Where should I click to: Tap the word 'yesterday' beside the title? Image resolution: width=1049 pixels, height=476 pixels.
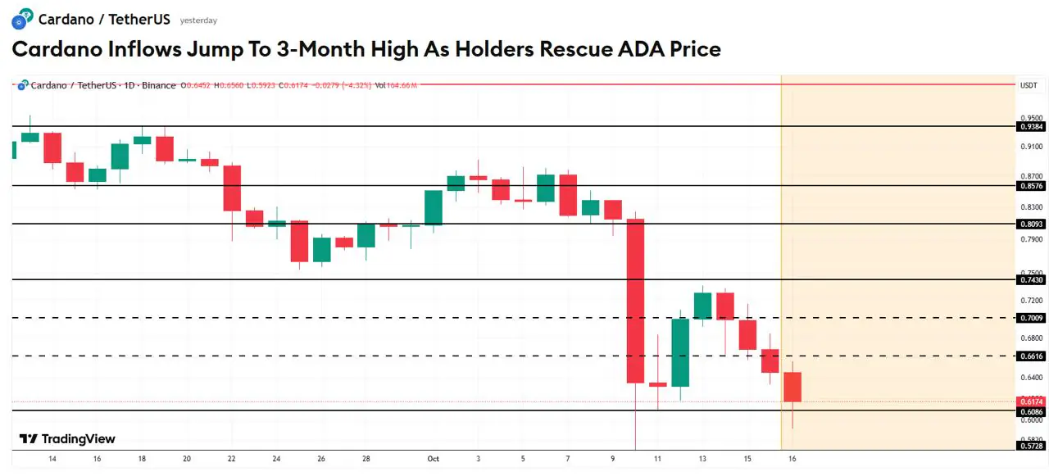click(x=198, y=20)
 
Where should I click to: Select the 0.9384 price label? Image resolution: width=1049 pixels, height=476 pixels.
click(x=1030, y=127)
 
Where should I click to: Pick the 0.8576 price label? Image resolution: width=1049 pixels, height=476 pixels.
click(x=1030, y=186)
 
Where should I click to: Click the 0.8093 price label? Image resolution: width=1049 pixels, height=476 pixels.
click(x=1030, y=224)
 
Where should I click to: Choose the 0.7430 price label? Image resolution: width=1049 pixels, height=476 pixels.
click(x=1030, y=280)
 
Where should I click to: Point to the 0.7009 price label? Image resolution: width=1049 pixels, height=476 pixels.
click(x=1030, y=318)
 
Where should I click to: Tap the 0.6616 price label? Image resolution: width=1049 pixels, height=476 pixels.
click(x=1030, y=356)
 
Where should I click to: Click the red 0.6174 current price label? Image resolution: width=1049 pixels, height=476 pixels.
click(x=1030, y=401)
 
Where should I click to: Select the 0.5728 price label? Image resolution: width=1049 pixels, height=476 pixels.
click(x=1030, y=446)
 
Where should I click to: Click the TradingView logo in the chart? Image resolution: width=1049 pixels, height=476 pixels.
click(x=67, y=439)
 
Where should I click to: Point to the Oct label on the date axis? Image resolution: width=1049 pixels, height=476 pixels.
click(x=434, y=459)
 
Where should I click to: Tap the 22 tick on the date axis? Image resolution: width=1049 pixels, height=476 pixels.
click(x=232, y=459)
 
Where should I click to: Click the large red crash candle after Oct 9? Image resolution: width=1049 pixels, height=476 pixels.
click(x=635, y=301)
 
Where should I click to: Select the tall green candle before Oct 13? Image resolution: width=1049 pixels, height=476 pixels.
click(x=680, y=352)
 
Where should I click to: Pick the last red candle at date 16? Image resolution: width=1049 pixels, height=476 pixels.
click(x=792, y=387)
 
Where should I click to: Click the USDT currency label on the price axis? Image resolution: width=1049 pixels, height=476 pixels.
click(x=1029, y=85)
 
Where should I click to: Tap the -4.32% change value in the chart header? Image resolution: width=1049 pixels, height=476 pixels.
click(x=357, y=85)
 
